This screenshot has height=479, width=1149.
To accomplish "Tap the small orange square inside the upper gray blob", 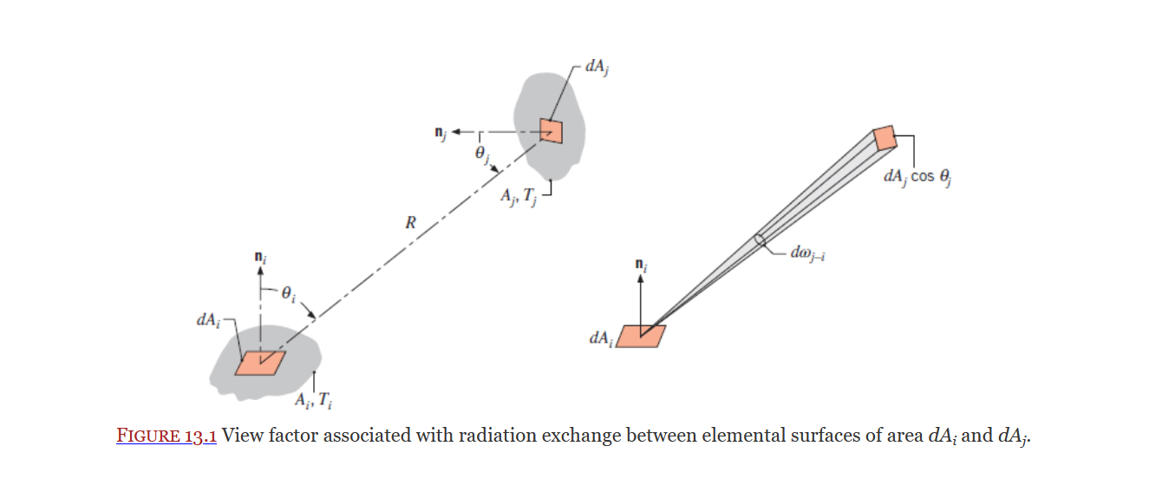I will coord(551,130).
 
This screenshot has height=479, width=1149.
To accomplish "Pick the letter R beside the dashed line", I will coord(411,222).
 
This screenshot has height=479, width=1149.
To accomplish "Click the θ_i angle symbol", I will coord(290,294).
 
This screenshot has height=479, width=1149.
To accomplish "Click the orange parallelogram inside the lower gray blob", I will coord(259,362).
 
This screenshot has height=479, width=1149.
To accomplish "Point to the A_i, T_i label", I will coord(312,400).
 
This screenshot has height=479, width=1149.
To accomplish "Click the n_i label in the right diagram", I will coord(641,261).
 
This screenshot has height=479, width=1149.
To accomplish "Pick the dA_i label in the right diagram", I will coord(600,338).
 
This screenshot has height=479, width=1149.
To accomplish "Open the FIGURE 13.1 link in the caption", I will coord(166,435).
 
